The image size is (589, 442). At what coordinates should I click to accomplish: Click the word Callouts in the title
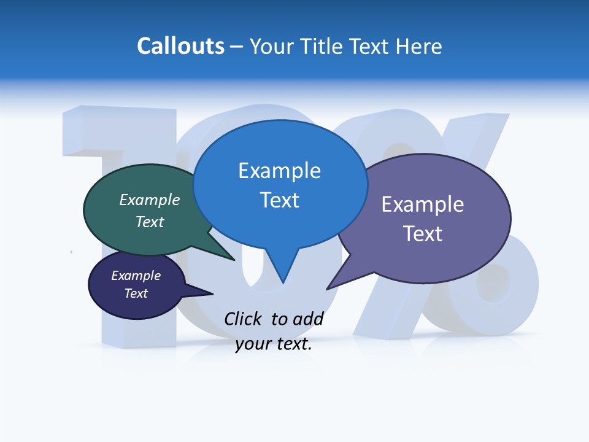click(180, 46)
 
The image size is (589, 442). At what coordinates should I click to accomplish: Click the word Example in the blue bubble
click(279, 171)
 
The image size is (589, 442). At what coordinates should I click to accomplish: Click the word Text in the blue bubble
click(279, 200)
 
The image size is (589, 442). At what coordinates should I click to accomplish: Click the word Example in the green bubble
click(149, 200)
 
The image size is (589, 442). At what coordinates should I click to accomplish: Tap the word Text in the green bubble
click(149, 222)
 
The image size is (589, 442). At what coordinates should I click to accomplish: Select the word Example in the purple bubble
click(422, 204)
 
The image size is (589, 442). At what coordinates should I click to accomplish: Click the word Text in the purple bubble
click(422, 234)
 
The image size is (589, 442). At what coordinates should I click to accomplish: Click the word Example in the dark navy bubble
click(136, 276)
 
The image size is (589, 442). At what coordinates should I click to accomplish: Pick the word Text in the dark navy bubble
click(136, 293)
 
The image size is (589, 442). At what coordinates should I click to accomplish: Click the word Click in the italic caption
click(244, 319)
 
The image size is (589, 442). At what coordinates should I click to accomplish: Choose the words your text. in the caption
click(273, 344)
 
